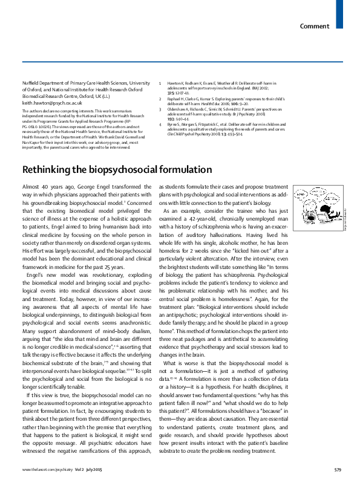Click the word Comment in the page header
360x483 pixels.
315,26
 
